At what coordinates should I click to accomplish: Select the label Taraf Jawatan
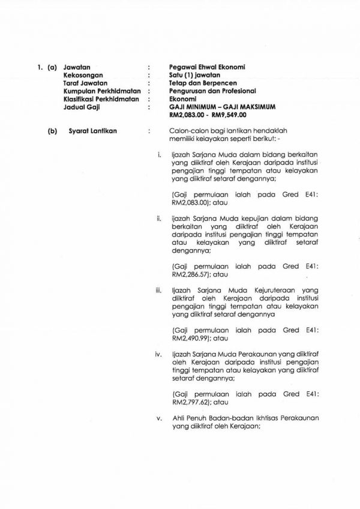85,83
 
